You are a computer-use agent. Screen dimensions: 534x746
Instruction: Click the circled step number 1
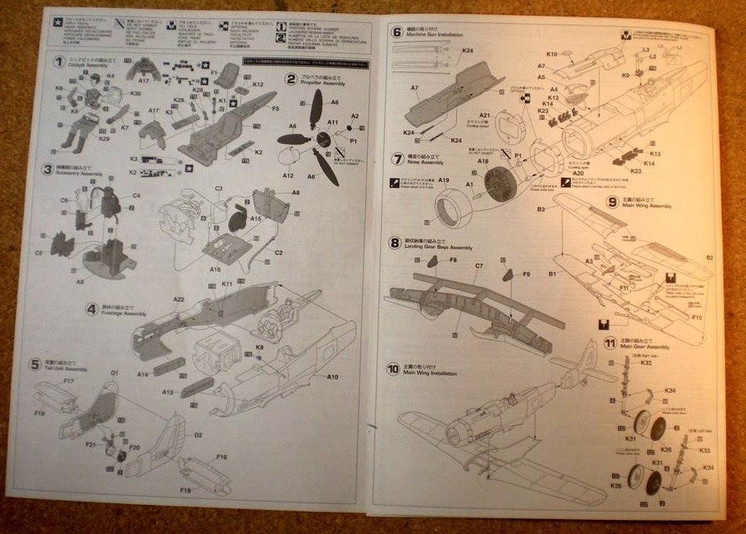coord(58,62)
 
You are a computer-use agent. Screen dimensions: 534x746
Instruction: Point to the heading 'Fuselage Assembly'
coord(124,314)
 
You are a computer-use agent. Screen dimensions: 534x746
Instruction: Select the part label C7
coord(479,266)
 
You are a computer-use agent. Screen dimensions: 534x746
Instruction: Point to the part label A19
coord(444,181)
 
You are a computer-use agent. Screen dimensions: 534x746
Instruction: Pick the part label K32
coord(646,363)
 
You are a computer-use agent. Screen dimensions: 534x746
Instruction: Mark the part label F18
coord(185,491)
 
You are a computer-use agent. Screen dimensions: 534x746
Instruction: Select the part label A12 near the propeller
coord(288,176)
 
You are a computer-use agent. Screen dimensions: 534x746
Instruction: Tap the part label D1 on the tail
coord(114,373)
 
